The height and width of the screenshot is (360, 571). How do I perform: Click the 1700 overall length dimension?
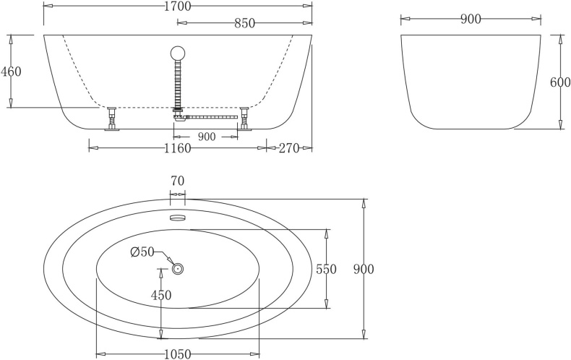tap(177, 7)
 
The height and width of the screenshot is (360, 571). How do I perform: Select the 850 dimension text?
tap(244, 24)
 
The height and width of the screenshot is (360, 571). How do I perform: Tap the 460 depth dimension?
tap(12, 72)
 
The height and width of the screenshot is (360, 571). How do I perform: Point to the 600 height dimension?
tap(560, 82)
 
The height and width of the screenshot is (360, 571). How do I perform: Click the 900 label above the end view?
tap(471, 20)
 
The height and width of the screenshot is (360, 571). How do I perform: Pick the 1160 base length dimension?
tap(177, 148)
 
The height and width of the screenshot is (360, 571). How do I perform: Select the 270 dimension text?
tap(289, 148)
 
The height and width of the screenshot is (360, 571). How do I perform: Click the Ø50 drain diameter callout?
tap(142, 252)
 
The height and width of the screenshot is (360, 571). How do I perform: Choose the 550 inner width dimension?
tap(327, 269)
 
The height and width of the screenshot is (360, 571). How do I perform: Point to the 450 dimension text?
tap(160, 295)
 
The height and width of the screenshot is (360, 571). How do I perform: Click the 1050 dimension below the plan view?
tap(177, 353)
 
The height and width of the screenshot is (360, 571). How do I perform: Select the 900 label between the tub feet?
tap(205, 137)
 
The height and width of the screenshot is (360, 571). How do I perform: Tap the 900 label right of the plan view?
tap(364, 269)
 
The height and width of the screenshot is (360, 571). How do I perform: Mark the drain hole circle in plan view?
tap(177, 269)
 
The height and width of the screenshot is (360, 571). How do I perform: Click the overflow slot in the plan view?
tap(177, 217)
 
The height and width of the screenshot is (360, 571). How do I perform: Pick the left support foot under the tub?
tap(112, 119)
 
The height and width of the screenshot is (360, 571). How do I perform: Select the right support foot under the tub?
tap(244, 119)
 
